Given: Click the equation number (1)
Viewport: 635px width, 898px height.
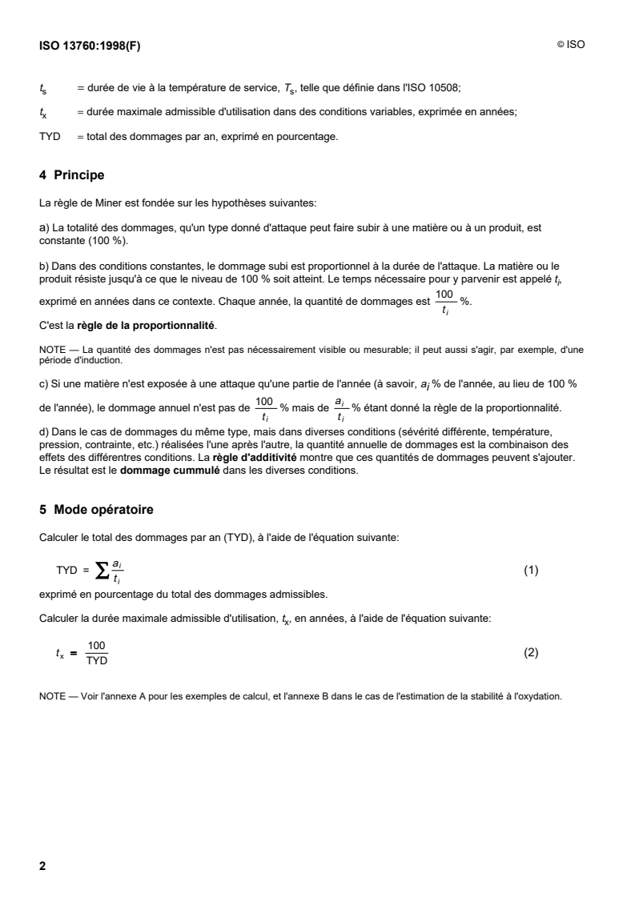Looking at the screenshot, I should [x=531, y=571].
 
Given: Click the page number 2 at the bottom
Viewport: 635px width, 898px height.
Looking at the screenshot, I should [x=42, y=844].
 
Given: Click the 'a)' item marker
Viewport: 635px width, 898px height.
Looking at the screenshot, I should [x=44, y=227].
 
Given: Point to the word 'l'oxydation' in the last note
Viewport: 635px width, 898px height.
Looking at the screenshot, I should [x=541, y=696].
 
